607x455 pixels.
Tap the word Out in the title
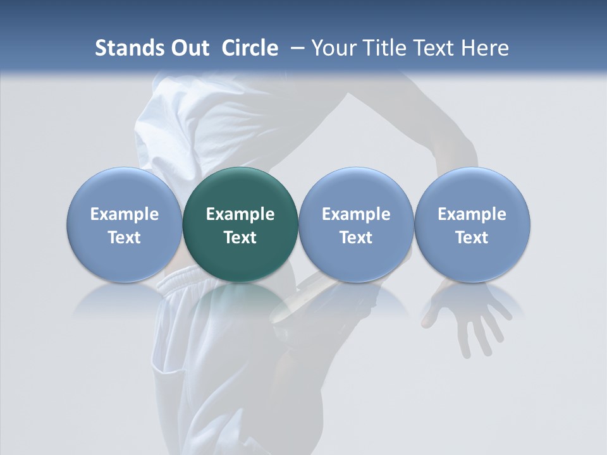point(188,48)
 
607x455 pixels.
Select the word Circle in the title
point(250,48)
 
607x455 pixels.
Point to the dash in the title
point(295,48)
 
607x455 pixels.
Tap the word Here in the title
point(484,48)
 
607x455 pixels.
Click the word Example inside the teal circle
point(240,214)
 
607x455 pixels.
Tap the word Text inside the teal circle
point(240,238)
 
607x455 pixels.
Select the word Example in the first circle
point(125,214)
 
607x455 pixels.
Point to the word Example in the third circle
point(356,214)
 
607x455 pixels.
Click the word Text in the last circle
point(472,238)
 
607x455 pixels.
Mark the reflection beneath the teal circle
point(240,300)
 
